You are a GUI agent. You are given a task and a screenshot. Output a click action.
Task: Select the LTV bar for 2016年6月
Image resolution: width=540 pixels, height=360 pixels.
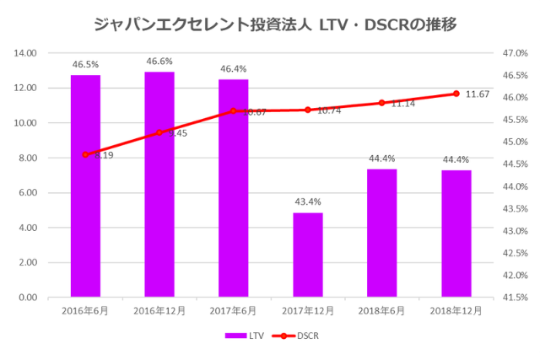(85, 185)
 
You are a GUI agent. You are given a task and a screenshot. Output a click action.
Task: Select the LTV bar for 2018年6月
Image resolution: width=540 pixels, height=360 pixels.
(382, 233)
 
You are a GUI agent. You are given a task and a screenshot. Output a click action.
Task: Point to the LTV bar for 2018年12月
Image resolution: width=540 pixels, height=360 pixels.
(456, 234)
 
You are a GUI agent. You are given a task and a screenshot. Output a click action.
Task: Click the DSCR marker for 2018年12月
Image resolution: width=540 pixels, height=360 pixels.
(456, 94)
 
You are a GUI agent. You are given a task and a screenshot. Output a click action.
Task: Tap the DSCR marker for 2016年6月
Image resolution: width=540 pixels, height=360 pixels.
(85, 154)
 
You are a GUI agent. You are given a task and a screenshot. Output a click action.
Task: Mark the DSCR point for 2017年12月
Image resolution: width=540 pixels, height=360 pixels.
(308, 110)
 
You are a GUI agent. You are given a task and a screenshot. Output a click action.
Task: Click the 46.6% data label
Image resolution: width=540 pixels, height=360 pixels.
(159, 62)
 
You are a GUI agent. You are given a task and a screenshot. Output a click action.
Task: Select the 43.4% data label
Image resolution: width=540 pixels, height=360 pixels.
(308, 201)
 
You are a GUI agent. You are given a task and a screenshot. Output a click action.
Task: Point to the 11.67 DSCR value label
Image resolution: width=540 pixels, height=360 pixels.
(478, 94)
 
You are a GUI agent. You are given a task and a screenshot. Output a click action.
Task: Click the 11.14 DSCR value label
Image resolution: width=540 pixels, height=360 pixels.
(403, 104)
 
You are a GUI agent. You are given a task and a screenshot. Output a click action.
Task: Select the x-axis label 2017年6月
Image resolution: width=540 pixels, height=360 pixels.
(234, 310)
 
